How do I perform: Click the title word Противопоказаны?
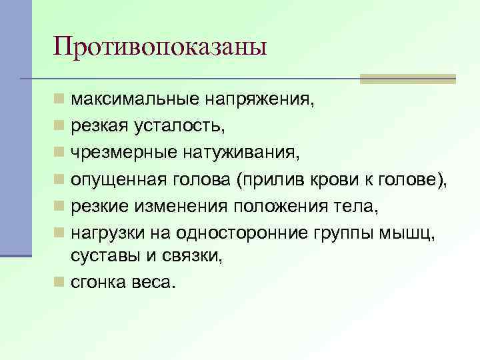160,47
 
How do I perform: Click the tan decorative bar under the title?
407,79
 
